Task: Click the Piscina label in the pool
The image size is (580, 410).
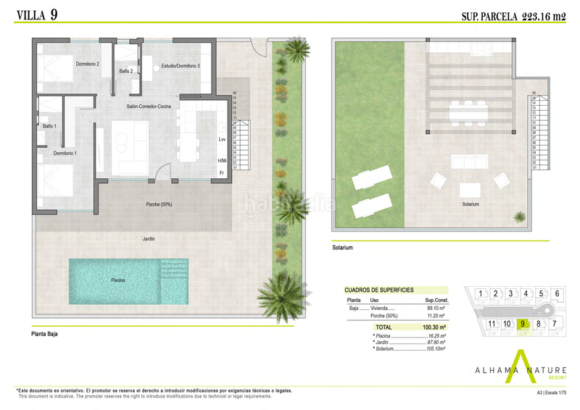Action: (x=118, y=280)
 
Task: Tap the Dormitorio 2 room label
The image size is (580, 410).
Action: (x=87, y=64)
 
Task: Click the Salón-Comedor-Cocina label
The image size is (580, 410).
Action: (x=149, y=106)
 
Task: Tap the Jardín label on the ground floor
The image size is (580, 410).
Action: (x=149, y=238)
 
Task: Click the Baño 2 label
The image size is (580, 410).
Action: (x=125, y=71)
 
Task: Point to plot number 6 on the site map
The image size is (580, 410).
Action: (x=556, y=293)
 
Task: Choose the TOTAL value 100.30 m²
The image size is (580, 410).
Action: (x=433, y=327)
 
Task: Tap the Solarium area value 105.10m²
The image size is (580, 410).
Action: (x=432, y=349)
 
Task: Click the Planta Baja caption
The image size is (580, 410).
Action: (x=45, y=335)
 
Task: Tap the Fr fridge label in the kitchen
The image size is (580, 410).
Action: (x=221, y=172)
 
